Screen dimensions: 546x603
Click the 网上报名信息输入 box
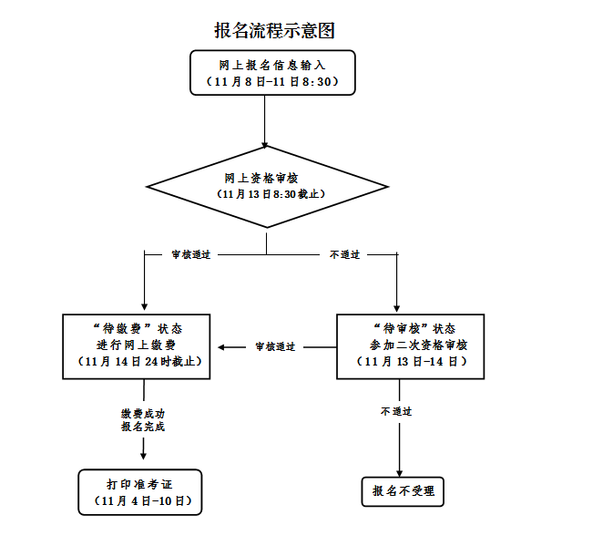[272, 72]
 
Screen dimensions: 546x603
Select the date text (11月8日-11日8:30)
[272, 82]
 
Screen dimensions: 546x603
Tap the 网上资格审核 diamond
[266, 188]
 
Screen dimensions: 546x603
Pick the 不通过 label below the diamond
[344, 254]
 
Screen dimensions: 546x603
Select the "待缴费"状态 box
[138, 345]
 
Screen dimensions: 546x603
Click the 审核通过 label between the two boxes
[275, 346]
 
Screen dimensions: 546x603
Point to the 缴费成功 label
[143, 413]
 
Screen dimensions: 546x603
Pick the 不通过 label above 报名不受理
[396, 412]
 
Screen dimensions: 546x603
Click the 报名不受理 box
[403, 491]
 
